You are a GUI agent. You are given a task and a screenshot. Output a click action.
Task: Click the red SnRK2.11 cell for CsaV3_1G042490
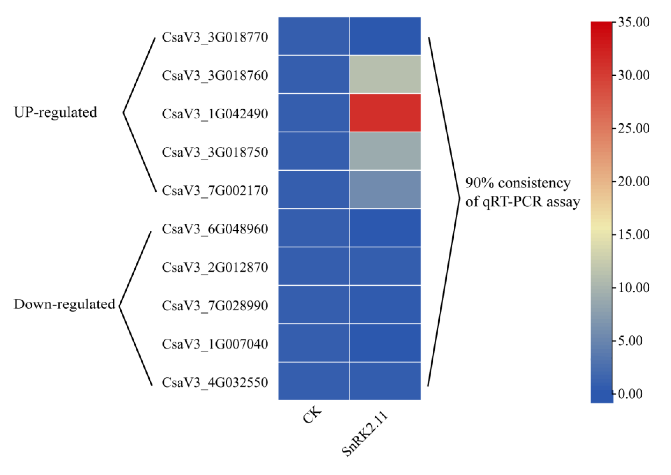385,113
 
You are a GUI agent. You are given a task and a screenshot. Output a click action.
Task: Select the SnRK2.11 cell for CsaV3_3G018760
385,74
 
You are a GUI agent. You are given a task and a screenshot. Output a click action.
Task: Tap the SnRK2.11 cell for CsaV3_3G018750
385,151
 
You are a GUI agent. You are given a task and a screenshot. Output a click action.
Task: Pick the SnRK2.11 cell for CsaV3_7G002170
385,189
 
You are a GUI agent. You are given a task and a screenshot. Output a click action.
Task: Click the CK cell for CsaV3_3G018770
314,36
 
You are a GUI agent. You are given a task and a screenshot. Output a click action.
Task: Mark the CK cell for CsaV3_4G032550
314,381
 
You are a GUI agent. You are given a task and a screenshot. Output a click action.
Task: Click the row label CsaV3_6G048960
215,229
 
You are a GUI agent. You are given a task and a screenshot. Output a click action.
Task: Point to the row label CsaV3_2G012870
215,267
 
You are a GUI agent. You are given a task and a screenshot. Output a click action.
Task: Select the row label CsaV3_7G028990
215,306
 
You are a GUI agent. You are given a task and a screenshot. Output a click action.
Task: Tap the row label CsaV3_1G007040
215,344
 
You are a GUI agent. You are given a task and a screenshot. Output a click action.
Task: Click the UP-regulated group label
55,112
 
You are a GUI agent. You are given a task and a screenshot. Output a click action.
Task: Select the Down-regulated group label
64,304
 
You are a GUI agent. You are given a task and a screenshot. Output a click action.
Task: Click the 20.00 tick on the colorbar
634,181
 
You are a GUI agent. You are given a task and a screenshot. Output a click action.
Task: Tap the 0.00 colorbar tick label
630,394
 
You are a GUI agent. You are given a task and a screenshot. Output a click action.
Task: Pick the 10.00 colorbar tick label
634,288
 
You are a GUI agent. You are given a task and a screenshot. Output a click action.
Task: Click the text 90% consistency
518,183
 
